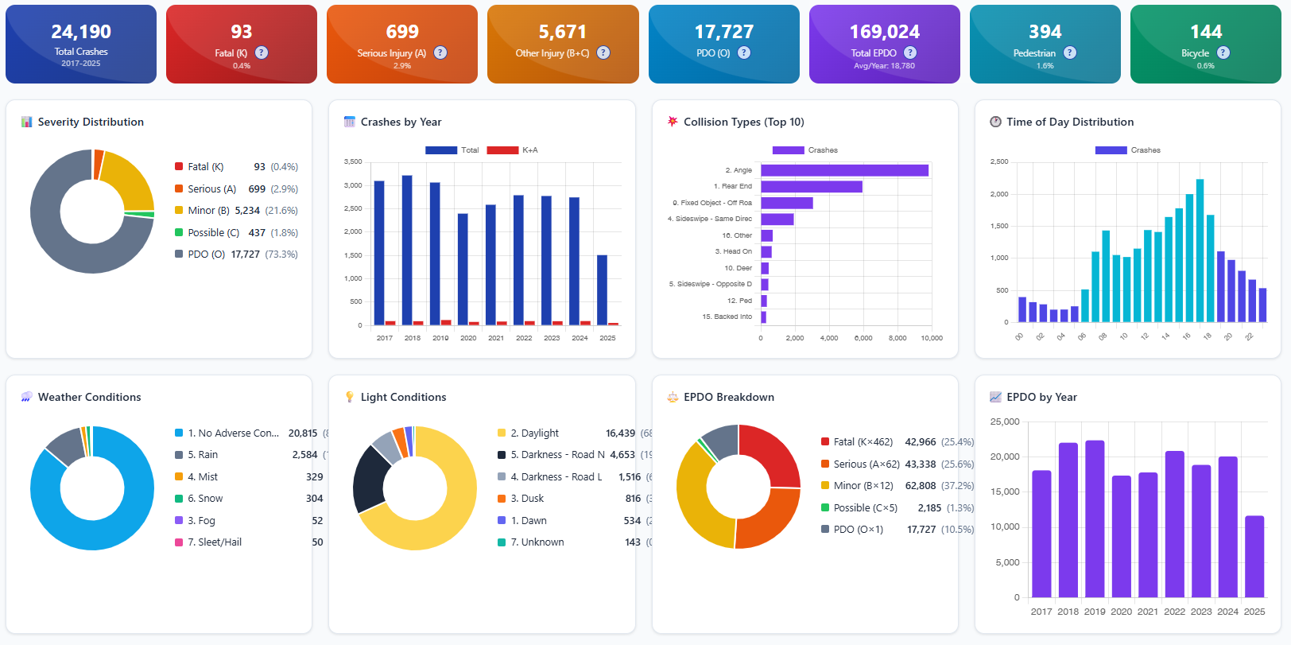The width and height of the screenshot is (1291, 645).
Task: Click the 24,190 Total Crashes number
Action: pos(81,32)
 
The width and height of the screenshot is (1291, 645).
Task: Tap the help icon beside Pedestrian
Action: pos(1070,52)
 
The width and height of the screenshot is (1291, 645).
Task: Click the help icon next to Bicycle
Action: pos(1223,52)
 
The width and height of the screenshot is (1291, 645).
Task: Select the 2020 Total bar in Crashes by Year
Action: pos(463,269)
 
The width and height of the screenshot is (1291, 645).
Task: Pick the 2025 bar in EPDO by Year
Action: pos(1254,557)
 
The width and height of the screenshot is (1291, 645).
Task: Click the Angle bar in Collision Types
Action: pos(844,170)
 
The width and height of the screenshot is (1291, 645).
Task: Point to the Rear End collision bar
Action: pos(811,187)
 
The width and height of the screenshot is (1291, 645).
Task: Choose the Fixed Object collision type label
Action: pos(712,203)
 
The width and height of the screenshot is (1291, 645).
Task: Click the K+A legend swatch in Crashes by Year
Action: pos(502,150)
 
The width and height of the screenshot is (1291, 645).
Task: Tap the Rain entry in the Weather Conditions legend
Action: pos(203,455)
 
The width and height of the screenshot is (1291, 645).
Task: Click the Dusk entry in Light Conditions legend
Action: pos(533,499)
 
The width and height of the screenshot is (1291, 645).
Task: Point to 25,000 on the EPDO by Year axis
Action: pos(1005,422)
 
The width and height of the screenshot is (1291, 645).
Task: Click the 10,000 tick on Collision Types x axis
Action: pos(932,338)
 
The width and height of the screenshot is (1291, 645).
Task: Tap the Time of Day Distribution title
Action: pos(1070,122)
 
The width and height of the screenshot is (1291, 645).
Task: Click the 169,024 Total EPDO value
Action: pos(884,32)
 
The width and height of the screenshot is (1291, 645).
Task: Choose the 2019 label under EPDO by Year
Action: pos(1095,612)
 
